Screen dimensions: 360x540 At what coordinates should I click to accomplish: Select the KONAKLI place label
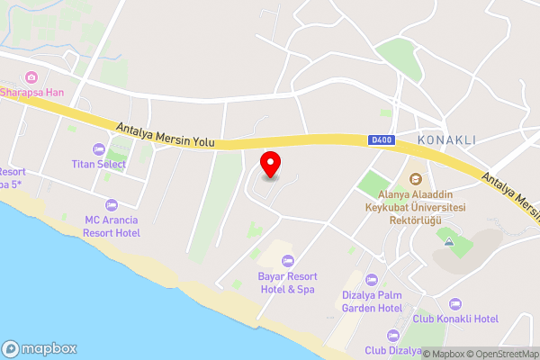pyautogui.click(x=446, y=140)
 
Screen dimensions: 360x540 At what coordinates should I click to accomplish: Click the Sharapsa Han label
pyautogui.click(x=31, y=93)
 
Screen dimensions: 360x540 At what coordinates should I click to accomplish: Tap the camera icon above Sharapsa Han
pyautogui.click(x=31, y=77)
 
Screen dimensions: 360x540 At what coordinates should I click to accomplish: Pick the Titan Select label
pyautogui.click(x=98, y=164)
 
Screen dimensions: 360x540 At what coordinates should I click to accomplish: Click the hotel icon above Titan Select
pyautogui.click(x=98, y=148)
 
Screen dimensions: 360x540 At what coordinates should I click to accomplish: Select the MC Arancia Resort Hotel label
pyautogui.click(x=112, y=226)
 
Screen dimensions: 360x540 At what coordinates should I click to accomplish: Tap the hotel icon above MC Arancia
pyautogui.click(x=112, y=204)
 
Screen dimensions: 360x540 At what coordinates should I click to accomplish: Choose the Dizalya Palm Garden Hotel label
pyautogui.click(x=371, y=301)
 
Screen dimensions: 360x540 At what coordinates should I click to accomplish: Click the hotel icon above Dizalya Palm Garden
pyautogui.click(x=371, y=278)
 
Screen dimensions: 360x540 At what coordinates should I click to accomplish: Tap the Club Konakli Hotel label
pyautogui.click(x=455, y=319)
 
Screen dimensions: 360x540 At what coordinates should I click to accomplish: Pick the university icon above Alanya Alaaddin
pyautogui.click(x=415, y=178)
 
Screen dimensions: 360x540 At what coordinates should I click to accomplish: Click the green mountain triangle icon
pyautogui.click(x=447, y=238)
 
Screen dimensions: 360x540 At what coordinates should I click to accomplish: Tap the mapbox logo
pyautogui.click(x=40, y=348)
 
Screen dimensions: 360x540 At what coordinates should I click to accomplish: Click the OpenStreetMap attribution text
pyautogui.click(x=499, y=354)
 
